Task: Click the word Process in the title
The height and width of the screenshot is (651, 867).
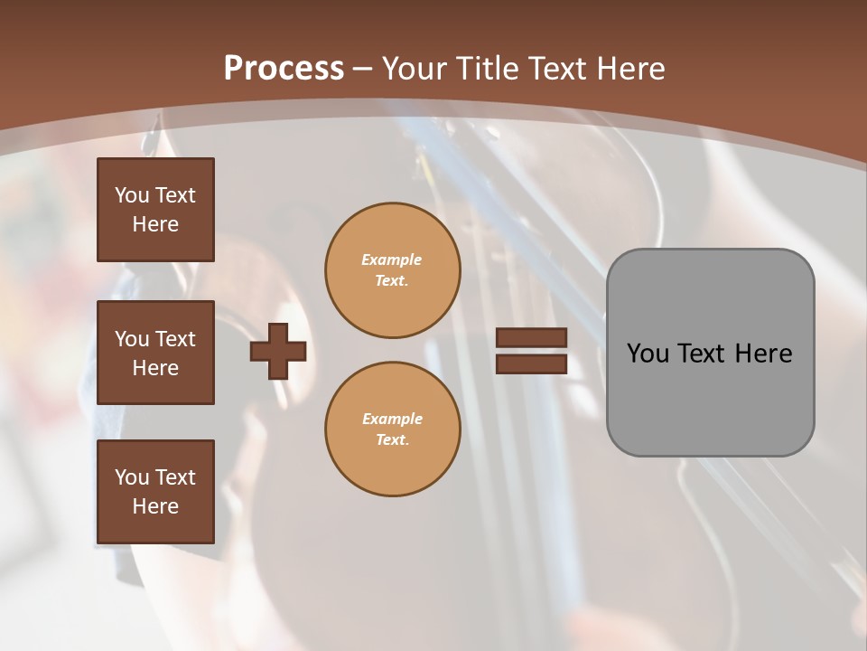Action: pos(284,69)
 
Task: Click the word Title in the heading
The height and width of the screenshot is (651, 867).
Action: pos(488,69)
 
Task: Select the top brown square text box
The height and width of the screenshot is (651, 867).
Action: pos(155,210)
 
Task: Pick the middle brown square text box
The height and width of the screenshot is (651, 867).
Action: pos(155,353)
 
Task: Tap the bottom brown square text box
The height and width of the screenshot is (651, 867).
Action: pos(155,492)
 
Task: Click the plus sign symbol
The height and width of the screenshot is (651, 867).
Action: pos(278,351)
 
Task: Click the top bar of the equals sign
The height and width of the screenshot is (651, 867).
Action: pos(531,337)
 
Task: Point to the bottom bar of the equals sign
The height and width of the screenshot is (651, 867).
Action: pos(531,363)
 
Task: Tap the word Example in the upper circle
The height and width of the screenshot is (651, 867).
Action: pos(391,259)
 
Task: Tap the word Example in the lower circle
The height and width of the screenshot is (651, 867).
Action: pos(391,419)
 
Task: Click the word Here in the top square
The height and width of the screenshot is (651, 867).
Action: pos(155,224)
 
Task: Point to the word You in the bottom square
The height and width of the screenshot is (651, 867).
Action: pos(132,477)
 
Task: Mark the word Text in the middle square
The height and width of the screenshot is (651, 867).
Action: pos(175,339)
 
